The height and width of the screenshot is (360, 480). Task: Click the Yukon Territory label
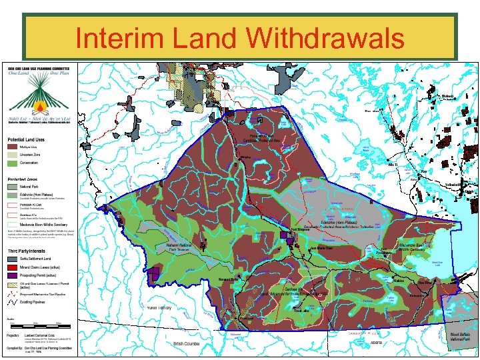coord(159,307)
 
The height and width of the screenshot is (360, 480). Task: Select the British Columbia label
coord(187,344)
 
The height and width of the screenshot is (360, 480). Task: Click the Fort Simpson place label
coord(301,229)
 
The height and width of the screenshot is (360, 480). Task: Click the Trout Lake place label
coord(302,311)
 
